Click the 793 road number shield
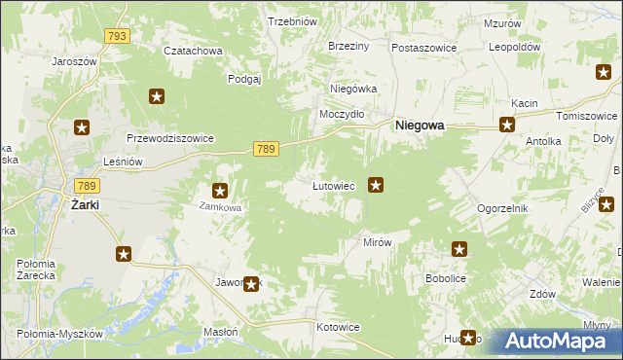[117, 35]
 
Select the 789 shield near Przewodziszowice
[267, 148]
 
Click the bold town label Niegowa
[420, 126]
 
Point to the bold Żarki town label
[86, 205]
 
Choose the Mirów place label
[377, 242]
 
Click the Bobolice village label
[447, 277]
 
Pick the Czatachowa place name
[193, 51]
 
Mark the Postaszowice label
[424, 47]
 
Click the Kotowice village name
[339, 327]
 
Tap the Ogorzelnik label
[501, 208]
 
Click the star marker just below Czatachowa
[157, 95]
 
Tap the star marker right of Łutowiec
[376, 184]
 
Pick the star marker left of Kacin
[507, 124]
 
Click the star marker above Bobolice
[459, 249]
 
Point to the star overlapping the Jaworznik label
[251, 284]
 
